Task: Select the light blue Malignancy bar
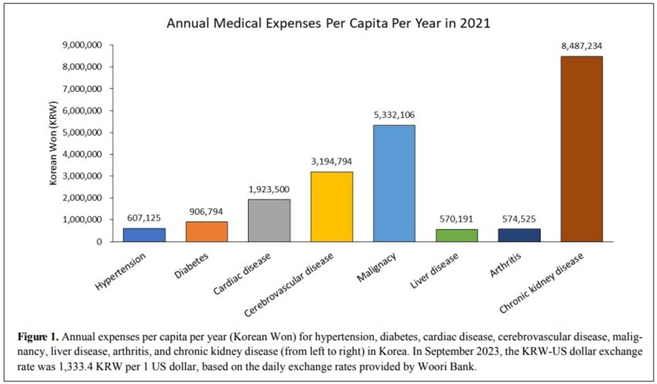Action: tap(394, 183)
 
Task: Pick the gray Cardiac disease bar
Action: tap(269, 221)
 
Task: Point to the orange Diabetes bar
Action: tap(206, 231)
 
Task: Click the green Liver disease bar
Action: tap(456, 236)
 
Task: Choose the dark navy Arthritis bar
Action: tap(518, 235)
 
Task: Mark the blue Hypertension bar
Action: tap(144, 235)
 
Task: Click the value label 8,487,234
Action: tap(581, 46)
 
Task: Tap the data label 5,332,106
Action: tap(394, 115)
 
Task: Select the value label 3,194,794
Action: tap(331, 161)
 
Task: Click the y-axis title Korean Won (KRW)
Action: tap(53, 144)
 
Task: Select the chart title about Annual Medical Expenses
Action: tap(329, 23)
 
